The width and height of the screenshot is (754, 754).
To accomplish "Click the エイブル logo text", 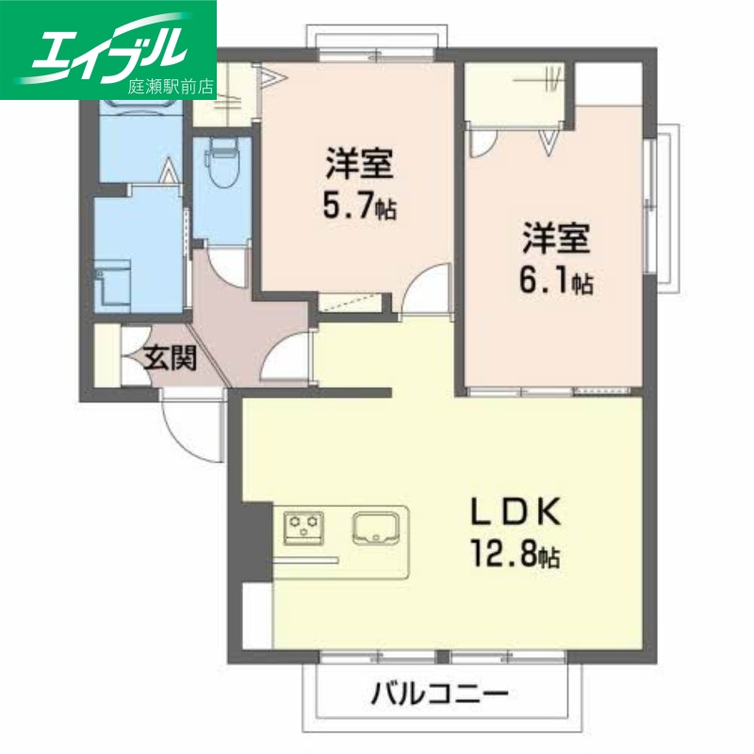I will (108, 47).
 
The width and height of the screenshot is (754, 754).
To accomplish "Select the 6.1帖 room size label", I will (557, 281).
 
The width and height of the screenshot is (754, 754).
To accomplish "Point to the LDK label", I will (516, 514).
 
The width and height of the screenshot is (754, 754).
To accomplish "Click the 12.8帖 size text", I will (516, 555).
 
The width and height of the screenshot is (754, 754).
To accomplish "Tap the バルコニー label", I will (440, 697).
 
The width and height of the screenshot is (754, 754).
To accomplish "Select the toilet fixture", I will (221, 166).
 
